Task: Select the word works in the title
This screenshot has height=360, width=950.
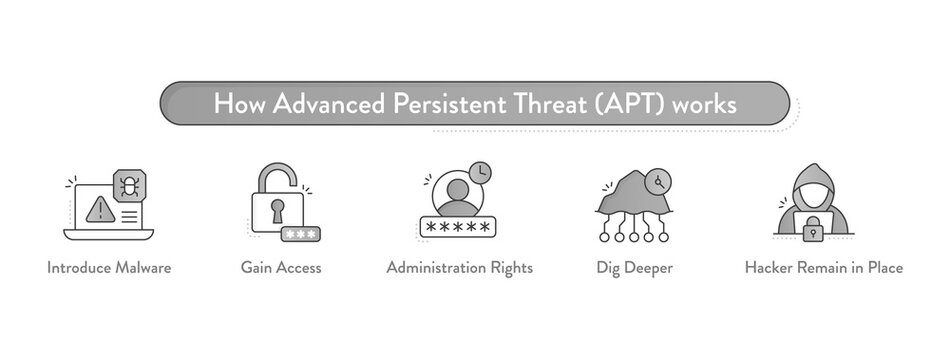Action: coord(706,104)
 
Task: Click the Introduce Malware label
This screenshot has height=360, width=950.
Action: coord(109,268)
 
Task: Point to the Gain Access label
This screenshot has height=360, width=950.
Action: coord(281,268)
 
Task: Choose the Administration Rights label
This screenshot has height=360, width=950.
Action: coord(459,268)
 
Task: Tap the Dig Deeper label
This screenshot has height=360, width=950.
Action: coord(634,268)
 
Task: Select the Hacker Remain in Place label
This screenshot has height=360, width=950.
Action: coord(824,268)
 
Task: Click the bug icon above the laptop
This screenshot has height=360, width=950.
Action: coord(128,185)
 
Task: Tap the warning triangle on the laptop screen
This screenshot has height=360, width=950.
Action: coord(99,210)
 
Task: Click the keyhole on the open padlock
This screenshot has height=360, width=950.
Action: coord(277,211)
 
